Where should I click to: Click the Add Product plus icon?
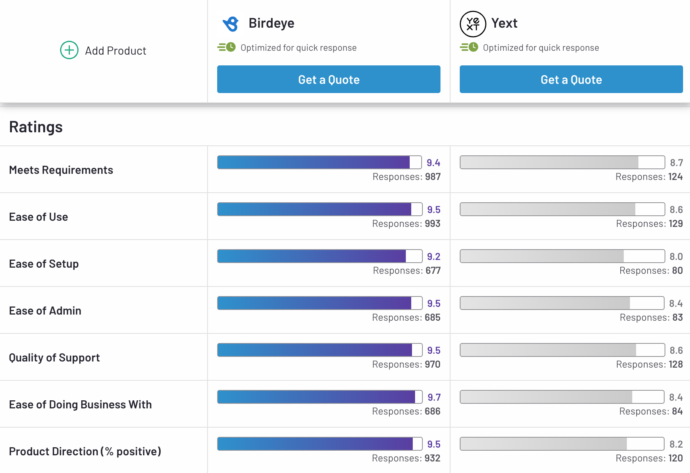[69, 50]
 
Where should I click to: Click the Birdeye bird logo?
[231, 23]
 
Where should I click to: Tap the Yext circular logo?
[473, 24]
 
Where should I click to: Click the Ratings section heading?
[36, 127]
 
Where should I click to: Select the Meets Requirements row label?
[61, 170]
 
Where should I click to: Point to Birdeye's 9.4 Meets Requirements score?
[433, 163]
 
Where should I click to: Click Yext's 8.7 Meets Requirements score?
[676, 163]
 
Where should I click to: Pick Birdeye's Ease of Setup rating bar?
[320, 256]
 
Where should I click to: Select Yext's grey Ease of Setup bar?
[562, 256]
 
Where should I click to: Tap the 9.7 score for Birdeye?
[434, 397]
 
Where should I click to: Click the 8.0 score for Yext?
[676, 256]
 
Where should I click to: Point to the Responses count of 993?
[406, 224]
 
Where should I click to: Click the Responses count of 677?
[407, 271]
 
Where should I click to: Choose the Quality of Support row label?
[54, 358]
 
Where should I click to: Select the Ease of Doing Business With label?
[80, 405]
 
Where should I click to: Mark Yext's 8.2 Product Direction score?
[676, 444]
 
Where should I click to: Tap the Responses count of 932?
[406, 458]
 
